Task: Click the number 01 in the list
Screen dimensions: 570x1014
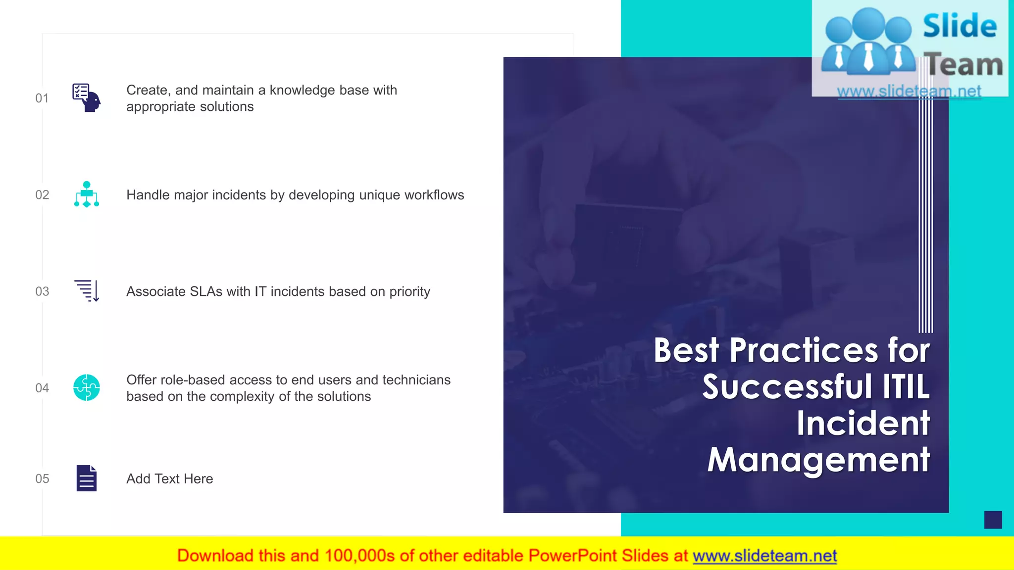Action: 42,98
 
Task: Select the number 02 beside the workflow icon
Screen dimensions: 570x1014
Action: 42,195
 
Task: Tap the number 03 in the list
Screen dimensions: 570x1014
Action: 42,291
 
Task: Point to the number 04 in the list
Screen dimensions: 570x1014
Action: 42,388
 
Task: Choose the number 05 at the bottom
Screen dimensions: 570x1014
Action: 42,478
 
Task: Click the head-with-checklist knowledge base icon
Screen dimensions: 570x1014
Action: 87,97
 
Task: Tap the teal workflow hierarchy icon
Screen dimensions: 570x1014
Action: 87,194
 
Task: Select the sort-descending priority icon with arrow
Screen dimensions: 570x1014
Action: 87,291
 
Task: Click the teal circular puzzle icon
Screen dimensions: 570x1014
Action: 87,387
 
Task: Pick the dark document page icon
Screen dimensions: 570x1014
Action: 87,478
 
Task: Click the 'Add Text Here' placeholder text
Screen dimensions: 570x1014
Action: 169,479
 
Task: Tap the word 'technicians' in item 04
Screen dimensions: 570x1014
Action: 416,380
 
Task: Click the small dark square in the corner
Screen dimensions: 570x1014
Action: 993,520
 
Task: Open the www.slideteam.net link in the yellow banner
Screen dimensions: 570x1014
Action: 764,556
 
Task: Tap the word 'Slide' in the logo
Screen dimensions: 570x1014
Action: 960,26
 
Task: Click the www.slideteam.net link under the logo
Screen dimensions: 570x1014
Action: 909,92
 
